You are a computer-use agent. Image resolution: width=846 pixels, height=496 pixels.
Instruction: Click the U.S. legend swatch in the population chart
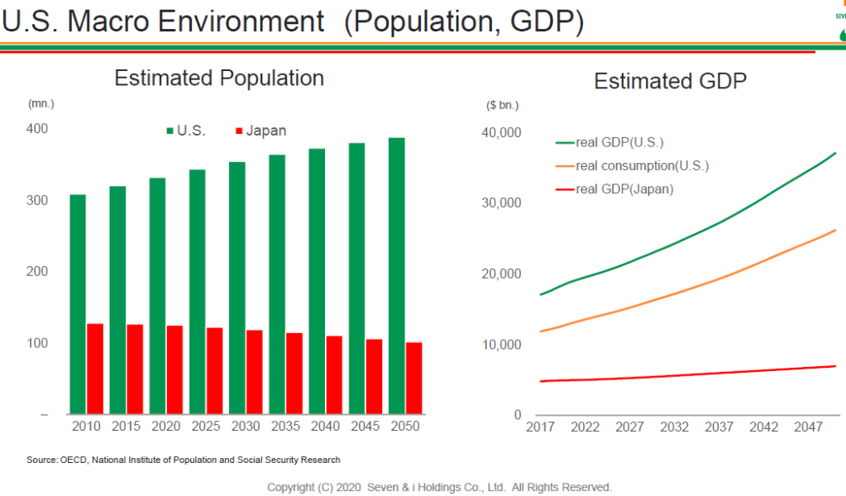[170, 131]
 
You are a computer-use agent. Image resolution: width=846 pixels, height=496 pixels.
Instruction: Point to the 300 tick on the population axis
[36, 200]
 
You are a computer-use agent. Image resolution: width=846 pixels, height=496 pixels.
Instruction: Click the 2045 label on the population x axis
[366, 427]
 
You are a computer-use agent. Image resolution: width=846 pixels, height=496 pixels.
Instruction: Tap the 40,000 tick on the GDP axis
[500, 132]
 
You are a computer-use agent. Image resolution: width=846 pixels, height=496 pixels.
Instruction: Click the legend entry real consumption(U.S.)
[642, 165]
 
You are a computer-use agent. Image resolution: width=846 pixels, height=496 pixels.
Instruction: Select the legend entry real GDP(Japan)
[624, 189]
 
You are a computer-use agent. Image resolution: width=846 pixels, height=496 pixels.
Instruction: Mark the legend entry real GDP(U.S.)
[619, 142]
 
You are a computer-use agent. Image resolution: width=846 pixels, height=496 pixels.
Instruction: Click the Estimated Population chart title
[219, 79]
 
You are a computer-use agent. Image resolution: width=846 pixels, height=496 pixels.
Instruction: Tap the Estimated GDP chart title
[670, 81]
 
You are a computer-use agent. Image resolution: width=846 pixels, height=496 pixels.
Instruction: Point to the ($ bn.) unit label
[502, 105]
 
